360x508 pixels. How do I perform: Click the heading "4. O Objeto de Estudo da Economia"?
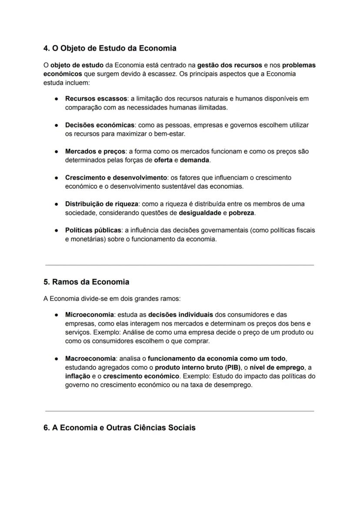pos(110,48)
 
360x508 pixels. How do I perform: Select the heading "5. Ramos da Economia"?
pos(86,282)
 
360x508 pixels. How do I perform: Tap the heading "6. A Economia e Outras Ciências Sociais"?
pos(119,428)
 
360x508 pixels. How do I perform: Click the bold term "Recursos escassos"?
pos(96,99)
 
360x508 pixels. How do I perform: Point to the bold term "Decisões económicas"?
pos(100,125)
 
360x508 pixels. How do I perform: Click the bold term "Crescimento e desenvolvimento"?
pos(116,178)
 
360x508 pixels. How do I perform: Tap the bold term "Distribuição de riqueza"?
pos(102,204)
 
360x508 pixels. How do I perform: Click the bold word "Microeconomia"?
pos(89,315)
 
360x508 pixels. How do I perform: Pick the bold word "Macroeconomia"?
pos(90,359)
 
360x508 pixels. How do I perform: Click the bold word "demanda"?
pos(194,160)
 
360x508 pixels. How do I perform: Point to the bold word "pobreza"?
pos(242,213)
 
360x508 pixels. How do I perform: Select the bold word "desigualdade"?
pos(200,213)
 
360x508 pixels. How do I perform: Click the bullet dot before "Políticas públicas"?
pos(57,230)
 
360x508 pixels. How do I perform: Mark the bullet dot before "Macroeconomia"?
pos(57,359)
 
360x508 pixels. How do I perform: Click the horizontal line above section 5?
pos(179,265)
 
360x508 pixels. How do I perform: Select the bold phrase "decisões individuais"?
pos(180,315)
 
